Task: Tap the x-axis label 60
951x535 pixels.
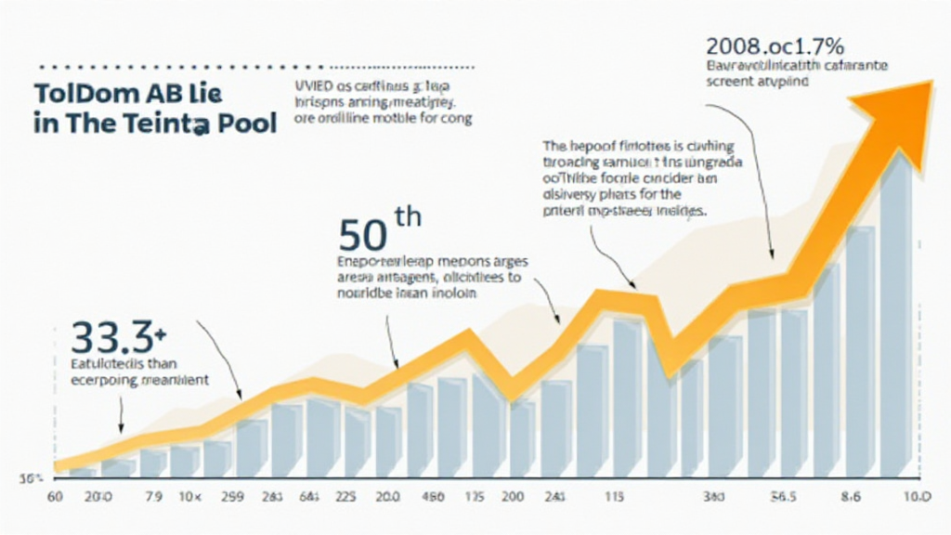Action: coord(55,497)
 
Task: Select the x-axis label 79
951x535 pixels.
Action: coord(155,497)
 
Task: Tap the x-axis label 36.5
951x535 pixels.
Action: coord(786,497)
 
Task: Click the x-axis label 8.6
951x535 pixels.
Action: coord(853,497)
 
